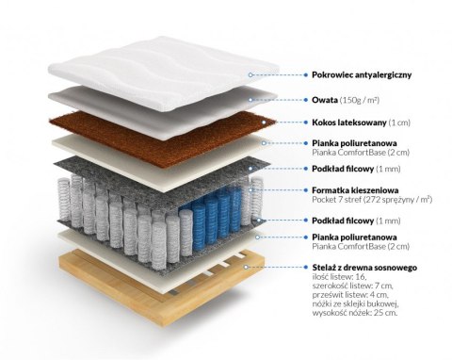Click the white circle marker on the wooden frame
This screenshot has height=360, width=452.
click(248, 268)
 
